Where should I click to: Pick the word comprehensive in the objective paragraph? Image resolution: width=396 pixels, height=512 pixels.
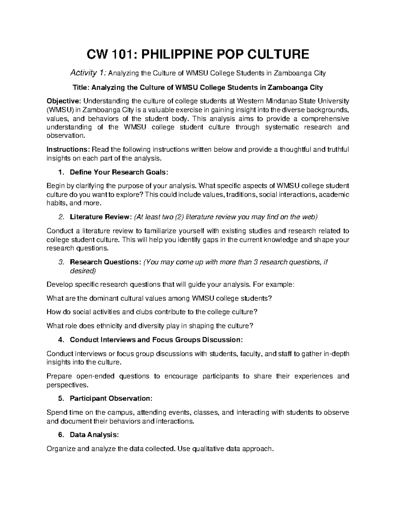(x=322, y=118)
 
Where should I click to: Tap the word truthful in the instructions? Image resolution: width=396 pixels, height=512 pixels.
(x=338, y=150)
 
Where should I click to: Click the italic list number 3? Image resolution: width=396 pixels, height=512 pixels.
(x=61, y=262)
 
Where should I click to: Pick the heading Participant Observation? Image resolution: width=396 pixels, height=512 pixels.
(x=111, y=398)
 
